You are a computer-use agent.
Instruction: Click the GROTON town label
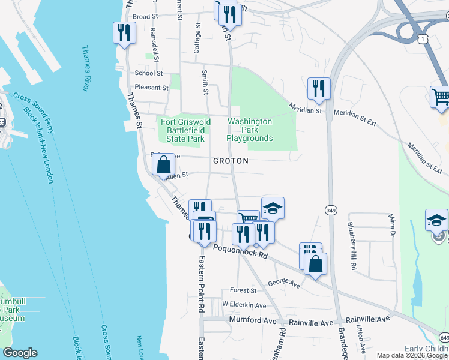tap(231, 161)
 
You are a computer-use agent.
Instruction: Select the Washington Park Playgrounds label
tap(250, 130)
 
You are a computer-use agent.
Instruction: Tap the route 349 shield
tap(330, 210)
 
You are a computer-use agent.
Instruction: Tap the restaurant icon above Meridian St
tap(318, 88)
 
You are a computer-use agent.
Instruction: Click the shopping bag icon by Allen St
tap(163, 164)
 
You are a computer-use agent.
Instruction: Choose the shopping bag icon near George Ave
tap(315, 264)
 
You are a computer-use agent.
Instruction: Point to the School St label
tap(149, 73)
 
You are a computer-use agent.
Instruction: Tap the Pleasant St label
tap(152, 88)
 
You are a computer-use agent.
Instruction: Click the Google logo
tap(20, 352)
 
